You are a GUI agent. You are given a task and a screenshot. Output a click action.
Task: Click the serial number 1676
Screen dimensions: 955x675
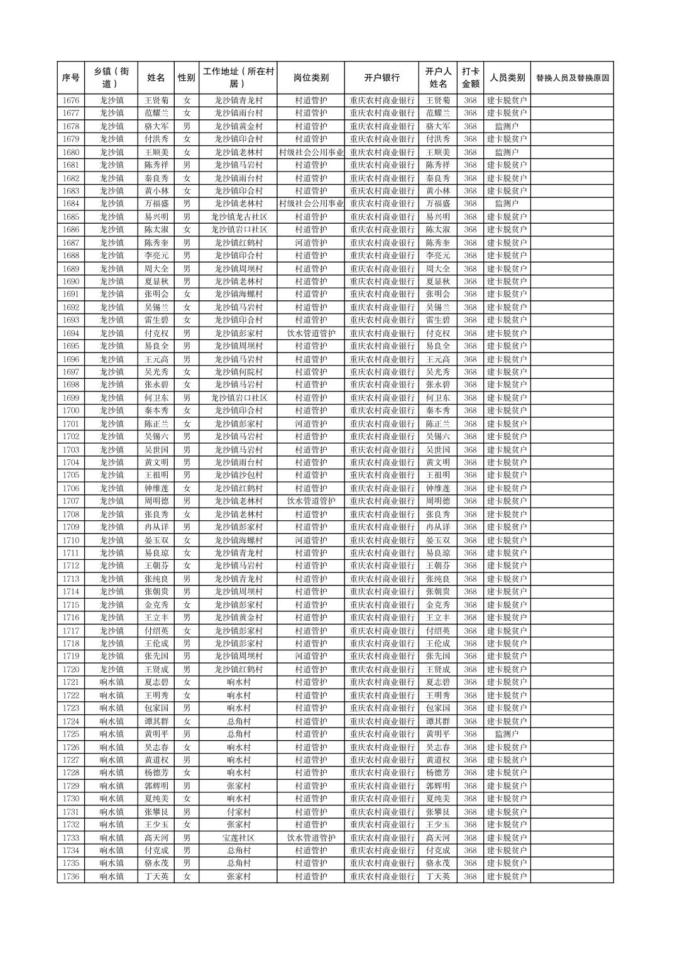click(x=71, y=101)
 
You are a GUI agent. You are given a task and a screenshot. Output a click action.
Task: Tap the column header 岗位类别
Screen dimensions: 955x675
click(x=310, y=78)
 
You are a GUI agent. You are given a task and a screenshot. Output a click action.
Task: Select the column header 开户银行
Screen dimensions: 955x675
click(x=381, y=78)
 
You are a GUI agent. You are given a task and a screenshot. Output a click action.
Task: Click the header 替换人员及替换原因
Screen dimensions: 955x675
click(x=571, y=78)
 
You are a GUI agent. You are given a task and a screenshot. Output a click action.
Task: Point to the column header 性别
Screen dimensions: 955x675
click(x=186, y=78)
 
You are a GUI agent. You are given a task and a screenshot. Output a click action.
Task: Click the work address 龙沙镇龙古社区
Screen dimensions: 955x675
click(x=238, y=217)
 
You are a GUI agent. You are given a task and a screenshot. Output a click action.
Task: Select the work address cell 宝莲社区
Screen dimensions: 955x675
click(x=238, y=838)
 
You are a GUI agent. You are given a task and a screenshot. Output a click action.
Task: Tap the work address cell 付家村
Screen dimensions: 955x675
click(x=238, y=812)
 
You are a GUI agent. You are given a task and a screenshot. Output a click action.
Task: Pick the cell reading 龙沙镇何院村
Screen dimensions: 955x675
click(x=238, y=372)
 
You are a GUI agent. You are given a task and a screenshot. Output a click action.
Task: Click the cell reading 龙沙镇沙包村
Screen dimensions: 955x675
click(x=238, y=475)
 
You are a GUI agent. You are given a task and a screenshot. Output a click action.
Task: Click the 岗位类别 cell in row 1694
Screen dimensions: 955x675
click(x=310, y=333)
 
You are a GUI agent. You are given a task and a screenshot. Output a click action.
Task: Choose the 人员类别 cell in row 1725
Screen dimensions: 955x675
click(x=507, y=734)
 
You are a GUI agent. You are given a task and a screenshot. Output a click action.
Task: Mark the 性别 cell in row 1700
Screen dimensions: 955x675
click(x=186, y=410)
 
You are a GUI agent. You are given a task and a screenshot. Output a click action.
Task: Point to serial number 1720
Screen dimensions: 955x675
click(x=71, y=669)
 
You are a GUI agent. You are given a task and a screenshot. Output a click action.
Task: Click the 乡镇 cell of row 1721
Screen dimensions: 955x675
click(x=111, y=682)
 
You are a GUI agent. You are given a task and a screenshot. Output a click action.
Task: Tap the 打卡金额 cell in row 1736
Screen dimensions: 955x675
click(x=470, y=876)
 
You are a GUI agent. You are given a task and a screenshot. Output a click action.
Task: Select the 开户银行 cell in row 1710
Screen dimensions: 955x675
click(x=381, y=540)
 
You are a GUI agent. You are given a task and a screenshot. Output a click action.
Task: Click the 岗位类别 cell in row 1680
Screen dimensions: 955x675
click(x=310, y=152)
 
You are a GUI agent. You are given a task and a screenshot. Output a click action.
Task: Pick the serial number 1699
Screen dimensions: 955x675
click(x=71, y=398)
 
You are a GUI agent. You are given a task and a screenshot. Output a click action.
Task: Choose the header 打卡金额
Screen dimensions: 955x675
click(x=470, y=78)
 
